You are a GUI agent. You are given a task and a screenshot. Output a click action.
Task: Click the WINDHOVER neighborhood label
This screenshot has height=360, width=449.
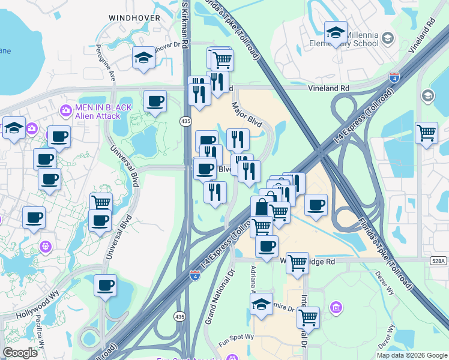click(134, 18)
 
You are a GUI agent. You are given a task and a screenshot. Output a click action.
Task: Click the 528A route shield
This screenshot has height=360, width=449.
click(439, 261)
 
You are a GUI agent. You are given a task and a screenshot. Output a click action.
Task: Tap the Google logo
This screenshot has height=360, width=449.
click(20, 353)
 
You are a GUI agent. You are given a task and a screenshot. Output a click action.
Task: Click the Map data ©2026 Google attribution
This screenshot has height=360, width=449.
click(411, 355)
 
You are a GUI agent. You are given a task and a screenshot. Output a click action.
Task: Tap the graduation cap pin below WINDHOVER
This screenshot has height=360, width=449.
click(143, 57)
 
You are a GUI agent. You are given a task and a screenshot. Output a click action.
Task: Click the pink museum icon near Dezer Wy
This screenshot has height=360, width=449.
click(336, 308)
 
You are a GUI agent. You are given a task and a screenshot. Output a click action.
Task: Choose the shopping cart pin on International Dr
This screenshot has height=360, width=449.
click(308, 317)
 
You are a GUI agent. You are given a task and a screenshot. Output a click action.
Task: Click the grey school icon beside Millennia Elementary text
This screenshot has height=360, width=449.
click(388, 39)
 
